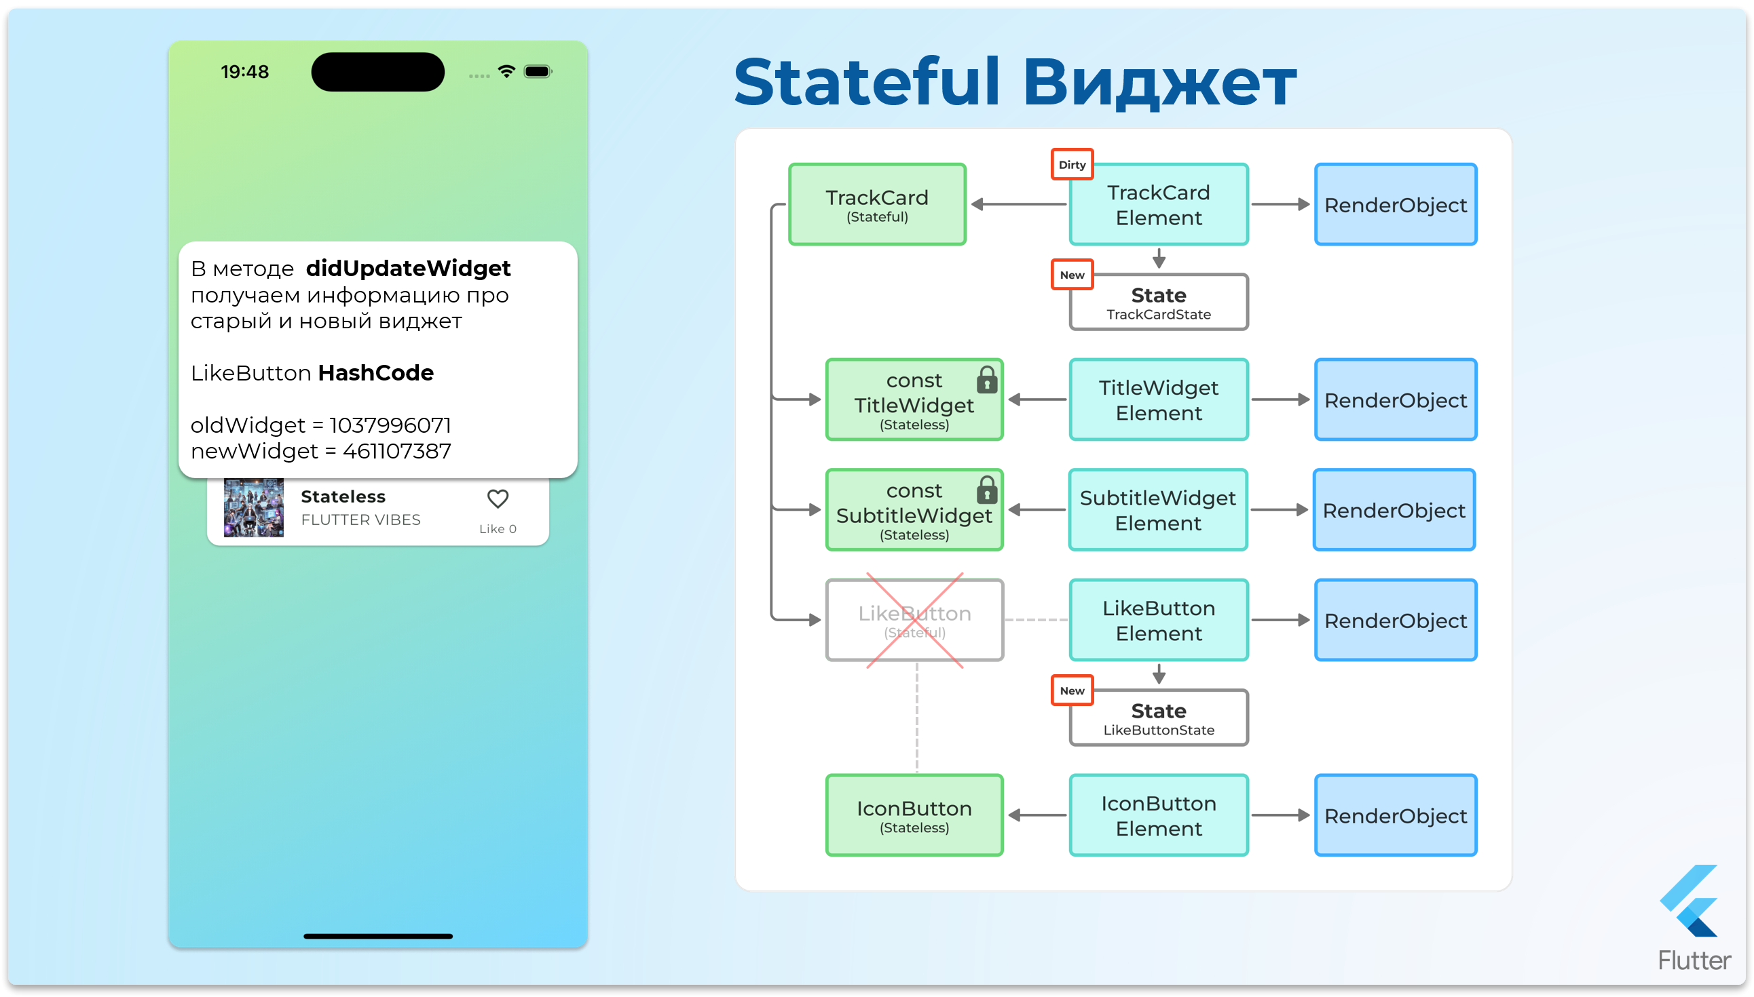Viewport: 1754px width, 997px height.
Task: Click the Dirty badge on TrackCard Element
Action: tap(1072, 165)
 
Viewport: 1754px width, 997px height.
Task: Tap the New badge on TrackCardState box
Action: tap(1072, 275)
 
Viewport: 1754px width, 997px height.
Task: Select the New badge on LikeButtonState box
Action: tap(1072, 691)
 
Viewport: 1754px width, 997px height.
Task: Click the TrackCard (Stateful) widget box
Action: tap(877, 205)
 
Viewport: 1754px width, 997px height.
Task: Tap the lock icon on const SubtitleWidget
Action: tap(987, 490)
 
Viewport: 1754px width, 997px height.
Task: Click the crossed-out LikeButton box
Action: tap(915, 621)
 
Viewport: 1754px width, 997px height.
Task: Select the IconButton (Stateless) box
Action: tap(915, 815)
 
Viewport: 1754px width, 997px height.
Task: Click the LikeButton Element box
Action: tap(1159, 621)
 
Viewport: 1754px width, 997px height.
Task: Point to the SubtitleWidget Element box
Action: tap(1158, 510)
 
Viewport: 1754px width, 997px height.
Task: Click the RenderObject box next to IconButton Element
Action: tap(1396, 815)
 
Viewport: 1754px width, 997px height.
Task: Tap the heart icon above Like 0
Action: tap(498, 499)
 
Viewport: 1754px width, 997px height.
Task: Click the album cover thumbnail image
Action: tap(253, 508)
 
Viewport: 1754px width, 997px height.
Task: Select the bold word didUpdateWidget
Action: tap(409, 269)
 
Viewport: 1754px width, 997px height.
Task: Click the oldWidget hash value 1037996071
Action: tap(390, 425)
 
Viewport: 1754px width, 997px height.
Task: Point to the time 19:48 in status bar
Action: tap(244, 72)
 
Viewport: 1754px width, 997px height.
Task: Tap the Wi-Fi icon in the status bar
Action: tap(506, 71)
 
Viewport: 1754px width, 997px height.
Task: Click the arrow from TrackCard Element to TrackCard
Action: tap(1018, 205)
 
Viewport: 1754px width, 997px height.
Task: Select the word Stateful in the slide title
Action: tap(867, 83)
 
